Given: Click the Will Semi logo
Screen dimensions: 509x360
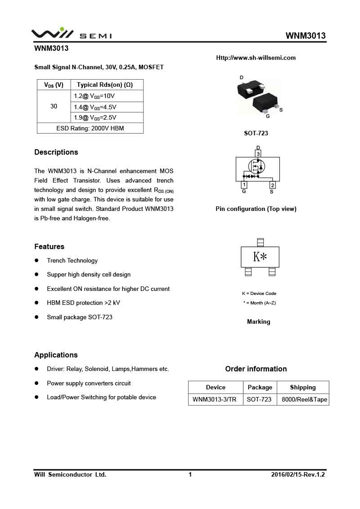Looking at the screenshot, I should pyautogui.click(x=71, y=34).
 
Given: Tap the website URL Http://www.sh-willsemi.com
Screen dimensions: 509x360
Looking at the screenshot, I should pyautogui.click(x=256, y=58).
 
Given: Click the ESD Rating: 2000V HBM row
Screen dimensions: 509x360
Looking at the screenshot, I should pyautogui.click(x=90, y=128).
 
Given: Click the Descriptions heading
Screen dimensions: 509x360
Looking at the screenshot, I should pyautogui.click(x=56, y=152).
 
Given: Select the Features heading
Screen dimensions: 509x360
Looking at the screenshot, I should pyautogui.click(x=49, y=246).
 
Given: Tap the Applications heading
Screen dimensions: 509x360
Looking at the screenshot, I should pyautogui.click(x=56, y=355).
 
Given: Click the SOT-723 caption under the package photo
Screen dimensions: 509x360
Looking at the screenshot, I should pyautogui.click(x=256, y=133).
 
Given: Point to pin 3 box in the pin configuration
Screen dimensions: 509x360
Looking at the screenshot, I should pyautogui.click(x=258, y=154).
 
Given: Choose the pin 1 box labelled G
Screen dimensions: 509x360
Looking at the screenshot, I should pyautogui.click(x=244, y=185).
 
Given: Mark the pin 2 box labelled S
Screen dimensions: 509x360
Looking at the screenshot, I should pyautogui.click(x=272, y=185).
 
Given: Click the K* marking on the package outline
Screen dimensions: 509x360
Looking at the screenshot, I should pyautogui.click(x=260, y=257).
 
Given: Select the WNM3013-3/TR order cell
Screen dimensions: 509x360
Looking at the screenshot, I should pyautogui.click(x=214, y=399).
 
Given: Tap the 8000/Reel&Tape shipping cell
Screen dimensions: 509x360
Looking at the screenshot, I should pyautogui.click(x=304, y=399).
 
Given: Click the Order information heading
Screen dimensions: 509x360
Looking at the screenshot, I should pyautogui.click(x=256, y=369).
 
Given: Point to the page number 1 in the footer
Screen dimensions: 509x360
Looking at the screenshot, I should pyautogui.click(x=190, y=474).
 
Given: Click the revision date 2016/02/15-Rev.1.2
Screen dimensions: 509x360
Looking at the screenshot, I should pyautogui.click(x=298, y=474).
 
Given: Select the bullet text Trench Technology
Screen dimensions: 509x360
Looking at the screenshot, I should pyautogui.click(x=72, y=260).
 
